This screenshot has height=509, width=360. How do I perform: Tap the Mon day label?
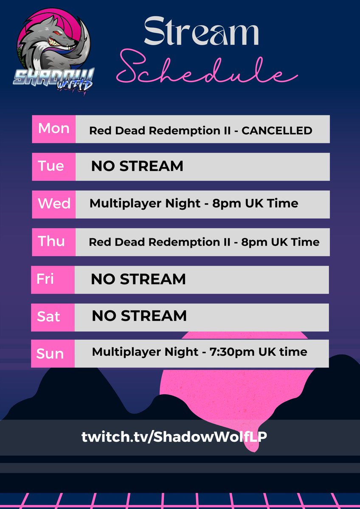[x=53, y=129]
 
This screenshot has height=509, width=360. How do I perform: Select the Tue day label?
[x=51, y=166]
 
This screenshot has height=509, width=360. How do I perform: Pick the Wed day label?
[x=54, y=204]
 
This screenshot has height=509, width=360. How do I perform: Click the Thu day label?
[x=51, y=241]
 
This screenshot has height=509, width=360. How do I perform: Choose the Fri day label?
[x=45, y=279]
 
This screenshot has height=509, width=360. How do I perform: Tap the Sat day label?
[x=48, y=316]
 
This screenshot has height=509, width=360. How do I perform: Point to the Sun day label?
[x=50, y=354]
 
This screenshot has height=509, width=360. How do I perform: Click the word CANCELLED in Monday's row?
[x=277, y=131]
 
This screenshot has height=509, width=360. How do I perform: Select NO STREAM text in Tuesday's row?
[x=137, y=166]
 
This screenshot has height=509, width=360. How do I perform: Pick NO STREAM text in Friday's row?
[x=138, y=279]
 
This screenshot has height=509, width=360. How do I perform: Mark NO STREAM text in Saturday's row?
[x=139, y=316]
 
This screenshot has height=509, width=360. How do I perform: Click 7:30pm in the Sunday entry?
[x=240, y=352]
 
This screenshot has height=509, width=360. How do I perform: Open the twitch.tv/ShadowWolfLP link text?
[x=174, y=437]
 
